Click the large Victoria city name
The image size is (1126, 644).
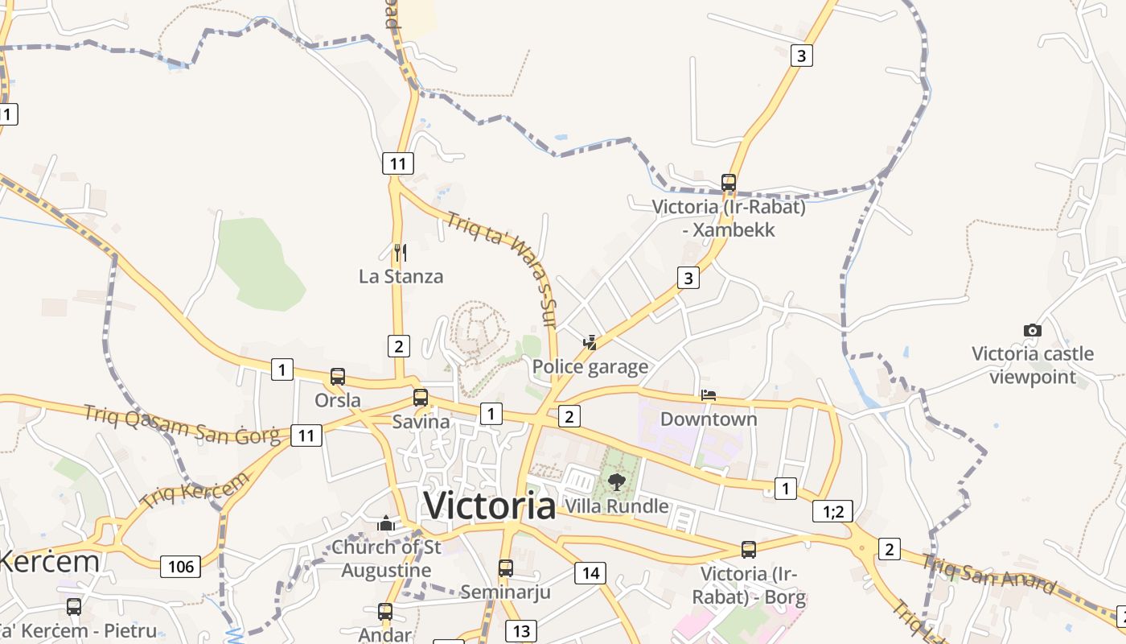tap(490, 506)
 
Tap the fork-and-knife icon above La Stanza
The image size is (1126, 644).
tap(400, 253)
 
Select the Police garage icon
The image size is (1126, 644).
tap(590, 343)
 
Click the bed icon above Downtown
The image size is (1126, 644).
tap(709, 394)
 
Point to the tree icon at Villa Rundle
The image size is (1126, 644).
tap(617, 482)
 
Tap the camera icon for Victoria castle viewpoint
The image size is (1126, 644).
tap(1033, 330)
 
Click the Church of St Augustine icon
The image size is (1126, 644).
tap(387, 524)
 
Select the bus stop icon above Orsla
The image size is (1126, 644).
tap(338, 377)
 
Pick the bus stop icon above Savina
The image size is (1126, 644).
tap(421, 397)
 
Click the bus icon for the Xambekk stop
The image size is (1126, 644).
tap(729, 183)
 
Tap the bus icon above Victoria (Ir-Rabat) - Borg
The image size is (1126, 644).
tap(749, 550)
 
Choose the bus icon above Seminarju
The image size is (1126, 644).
tap(506, 568)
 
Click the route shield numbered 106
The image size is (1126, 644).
tap(181, 567)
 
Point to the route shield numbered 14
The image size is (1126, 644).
tap(590, 573)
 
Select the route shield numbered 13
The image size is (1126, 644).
tap(521, 630)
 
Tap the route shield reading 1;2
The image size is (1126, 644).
tap(832, 511)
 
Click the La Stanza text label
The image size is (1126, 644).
tap(401, 276)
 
